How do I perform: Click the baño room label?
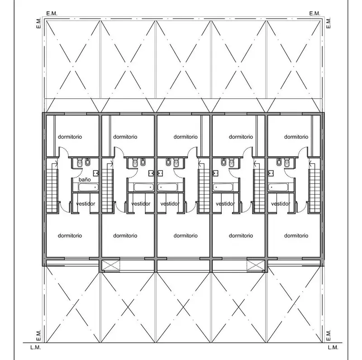coord(85,179)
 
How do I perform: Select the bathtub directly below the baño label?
coord(88,187)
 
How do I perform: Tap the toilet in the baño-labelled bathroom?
coord(80,163)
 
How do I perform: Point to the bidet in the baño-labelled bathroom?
coord(87,162)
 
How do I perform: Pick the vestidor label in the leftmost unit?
coord(86,204)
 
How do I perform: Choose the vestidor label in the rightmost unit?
coord(281,204)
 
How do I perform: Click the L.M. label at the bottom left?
coord(36,347)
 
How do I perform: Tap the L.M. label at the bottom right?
coord(333,347)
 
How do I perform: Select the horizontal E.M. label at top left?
coord(52,14)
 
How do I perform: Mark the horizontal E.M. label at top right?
coord(314,14)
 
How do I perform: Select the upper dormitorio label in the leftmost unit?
coord(70,137)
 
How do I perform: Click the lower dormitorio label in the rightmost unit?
coord(296,235)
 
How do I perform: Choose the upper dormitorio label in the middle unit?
coord(186,137)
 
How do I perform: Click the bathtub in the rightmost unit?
coord(278,187)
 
